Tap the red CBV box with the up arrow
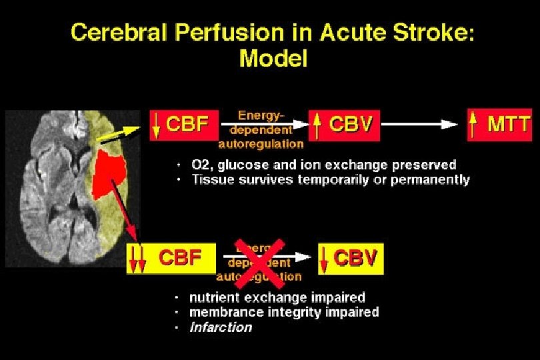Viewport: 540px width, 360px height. coord(345,125)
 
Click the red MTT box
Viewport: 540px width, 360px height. coord(500,125)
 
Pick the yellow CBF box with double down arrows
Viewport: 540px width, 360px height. coord(171,258)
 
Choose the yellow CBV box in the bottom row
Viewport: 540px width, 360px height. coord(350,258)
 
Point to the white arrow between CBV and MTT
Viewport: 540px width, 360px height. coord(420,124)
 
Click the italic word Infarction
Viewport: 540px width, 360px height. coord(221,327)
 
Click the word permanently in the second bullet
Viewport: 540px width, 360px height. coord(433,179)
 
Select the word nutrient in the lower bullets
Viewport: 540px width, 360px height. coord(213,297)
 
